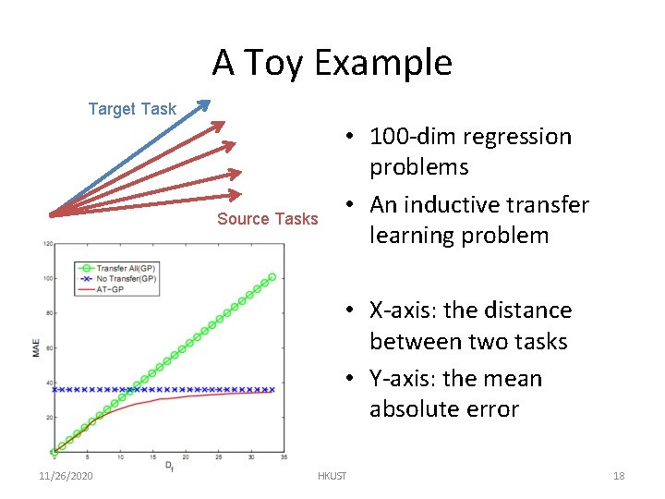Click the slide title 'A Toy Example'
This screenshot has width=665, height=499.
(332, 63)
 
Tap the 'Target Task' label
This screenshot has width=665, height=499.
(132, 109)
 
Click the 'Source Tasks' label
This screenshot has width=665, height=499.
(267, 219)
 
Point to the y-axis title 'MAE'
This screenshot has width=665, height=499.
(36, 348)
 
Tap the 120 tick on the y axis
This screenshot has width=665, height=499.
(47, 244)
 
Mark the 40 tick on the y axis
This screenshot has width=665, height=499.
(48, 383)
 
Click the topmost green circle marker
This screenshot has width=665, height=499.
(272, 276)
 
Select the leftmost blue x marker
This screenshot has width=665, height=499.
(54, 390)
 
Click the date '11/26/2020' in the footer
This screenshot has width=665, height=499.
(67, 476)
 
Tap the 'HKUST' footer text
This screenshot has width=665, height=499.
(332, 476)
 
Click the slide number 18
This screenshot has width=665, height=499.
(619, 476)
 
